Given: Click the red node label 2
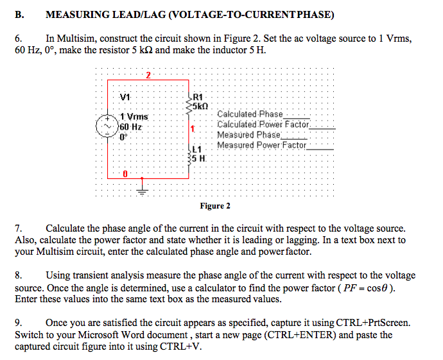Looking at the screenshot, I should click(148, 75).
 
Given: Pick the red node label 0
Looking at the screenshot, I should click(126, 173).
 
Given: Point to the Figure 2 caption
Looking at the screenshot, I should click(214, 206).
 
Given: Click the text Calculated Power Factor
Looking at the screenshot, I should click(263, 124).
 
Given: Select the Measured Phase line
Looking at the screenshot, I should click(249, 135).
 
